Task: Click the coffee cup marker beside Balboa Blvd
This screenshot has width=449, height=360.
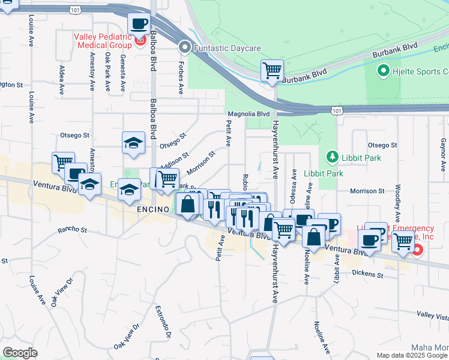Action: click(139, 24)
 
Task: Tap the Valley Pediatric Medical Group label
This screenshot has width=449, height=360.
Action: click(102, 41)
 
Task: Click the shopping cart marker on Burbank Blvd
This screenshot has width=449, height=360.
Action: click(272, 70)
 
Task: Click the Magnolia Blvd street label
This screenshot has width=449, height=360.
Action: click(249, 113)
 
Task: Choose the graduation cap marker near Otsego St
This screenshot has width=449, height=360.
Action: click(133, 143)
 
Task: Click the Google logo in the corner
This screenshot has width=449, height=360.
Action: click(20, 353)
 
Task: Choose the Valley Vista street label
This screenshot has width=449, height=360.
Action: click(433, 315)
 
